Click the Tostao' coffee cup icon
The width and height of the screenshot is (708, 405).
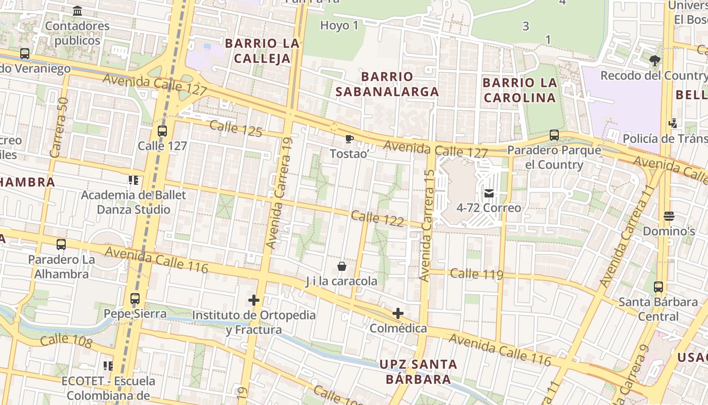pyautogui.click(x=349, y=138)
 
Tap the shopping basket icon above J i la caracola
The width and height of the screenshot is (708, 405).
pyautogui.click(x=342, y=266)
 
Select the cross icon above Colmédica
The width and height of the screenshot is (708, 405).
pyautogui.click(x=398, y=313)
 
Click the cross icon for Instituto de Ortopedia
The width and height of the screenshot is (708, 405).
pyautogui.click(x=254, y=301)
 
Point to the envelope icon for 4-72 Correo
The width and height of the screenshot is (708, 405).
pyautogui.click(x=489, y=193)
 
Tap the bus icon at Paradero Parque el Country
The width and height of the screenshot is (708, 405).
pyautogui.click(x=554, y=135)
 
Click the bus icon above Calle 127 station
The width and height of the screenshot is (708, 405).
pyautogui.click(x=162, y=131)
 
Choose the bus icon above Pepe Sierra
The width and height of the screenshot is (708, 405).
pyautogui.click(x=135, y=299)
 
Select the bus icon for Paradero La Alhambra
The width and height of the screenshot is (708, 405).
pyautogui.click(x=61, y=245)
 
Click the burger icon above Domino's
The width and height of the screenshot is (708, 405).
pyautogui.click(x=669, y=216)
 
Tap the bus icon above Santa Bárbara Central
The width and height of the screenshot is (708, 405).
pyautogui.click(x=658, y=287)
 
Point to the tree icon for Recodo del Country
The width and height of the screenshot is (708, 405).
pyautogui.click(x=655, y=61)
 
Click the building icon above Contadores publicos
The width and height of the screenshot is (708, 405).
pyautogui.click(x=77, y=11)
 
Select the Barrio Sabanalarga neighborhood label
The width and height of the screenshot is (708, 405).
pyautogui.click(x=387, y=84)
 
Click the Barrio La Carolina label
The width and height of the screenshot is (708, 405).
pyautogui.click(x=520, y=90)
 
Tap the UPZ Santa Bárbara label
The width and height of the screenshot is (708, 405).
pyautogui.click(x=418, y=371)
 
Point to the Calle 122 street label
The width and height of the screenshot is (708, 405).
pyautogui.click(x=377, y=219)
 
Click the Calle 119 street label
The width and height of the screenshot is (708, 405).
pyautogui.click(x=476, y=274)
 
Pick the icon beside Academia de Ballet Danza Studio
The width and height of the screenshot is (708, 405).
pyautogui.click(x=134, y=180)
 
